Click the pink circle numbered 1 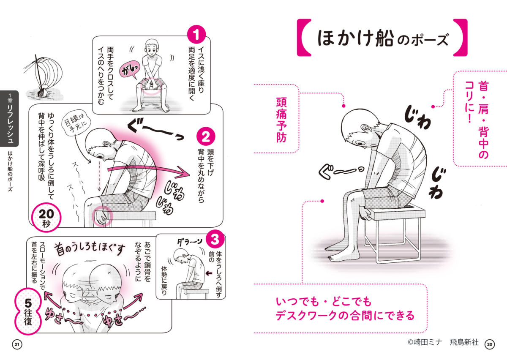(x=196, y=34)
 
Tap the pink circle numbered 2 (x=206, y=136)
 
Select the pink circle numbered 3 (x=215, y=239)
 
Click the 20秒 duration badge (x=46, y=217)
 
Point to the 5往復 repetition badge (x=28, y=311)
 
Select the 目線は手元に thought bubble (x=76, y=123)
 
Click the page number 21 (x=17, y=345)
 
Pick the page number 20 (x=490, y=344)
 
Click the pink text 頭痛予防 (x=281, y=120)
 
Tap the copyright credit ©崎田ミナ (x=425, y=342)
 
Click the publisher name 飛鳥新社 (x=464, y=342)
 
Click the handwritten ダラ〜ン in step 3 (x=189, y=242)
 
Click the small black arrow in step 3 (x=209, y=273)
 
